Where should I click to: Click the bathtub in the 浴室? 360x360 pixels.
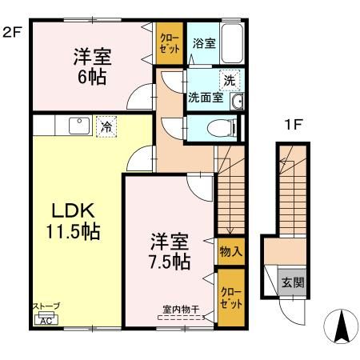tap(232, 43)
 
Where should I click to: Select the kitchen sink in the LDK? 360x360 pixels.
tap(79, 126)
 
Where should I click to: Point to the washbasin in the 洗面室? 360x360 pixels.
tap(237, 102)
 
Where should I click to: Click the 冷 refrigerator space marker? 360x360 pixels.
tap(106, 126)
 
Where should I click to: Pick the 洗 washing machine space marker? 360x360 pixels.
tap(230, 80)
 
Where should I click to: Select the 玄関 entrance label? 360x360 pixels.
tap(293, 282)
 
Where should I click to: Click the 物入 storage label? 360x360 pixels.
tap(231, 251)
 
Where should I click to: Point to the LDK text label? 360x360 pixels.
tap(73, 210)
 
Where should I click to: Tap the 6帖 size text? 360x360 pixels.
tap(92, 77)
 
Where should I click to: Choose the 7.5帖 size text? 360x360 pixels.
tap(170, 262)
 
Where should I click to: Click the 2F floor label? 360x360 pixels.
tap(11, 33)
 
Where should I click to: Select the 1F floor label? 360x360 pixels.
tap(293, 124)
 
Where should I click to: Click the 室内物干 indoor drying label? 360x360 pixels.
tap(182, 310)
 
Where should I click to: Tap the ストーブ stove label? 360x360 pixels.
tap(46, 306)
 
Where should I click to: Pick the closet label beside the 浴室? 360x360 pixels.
tap(170, 43)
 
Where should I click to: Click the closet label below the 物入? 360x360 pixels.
tap(231, 298)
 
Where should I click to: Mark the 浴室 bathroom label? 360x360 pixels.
tap(204, 43)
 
